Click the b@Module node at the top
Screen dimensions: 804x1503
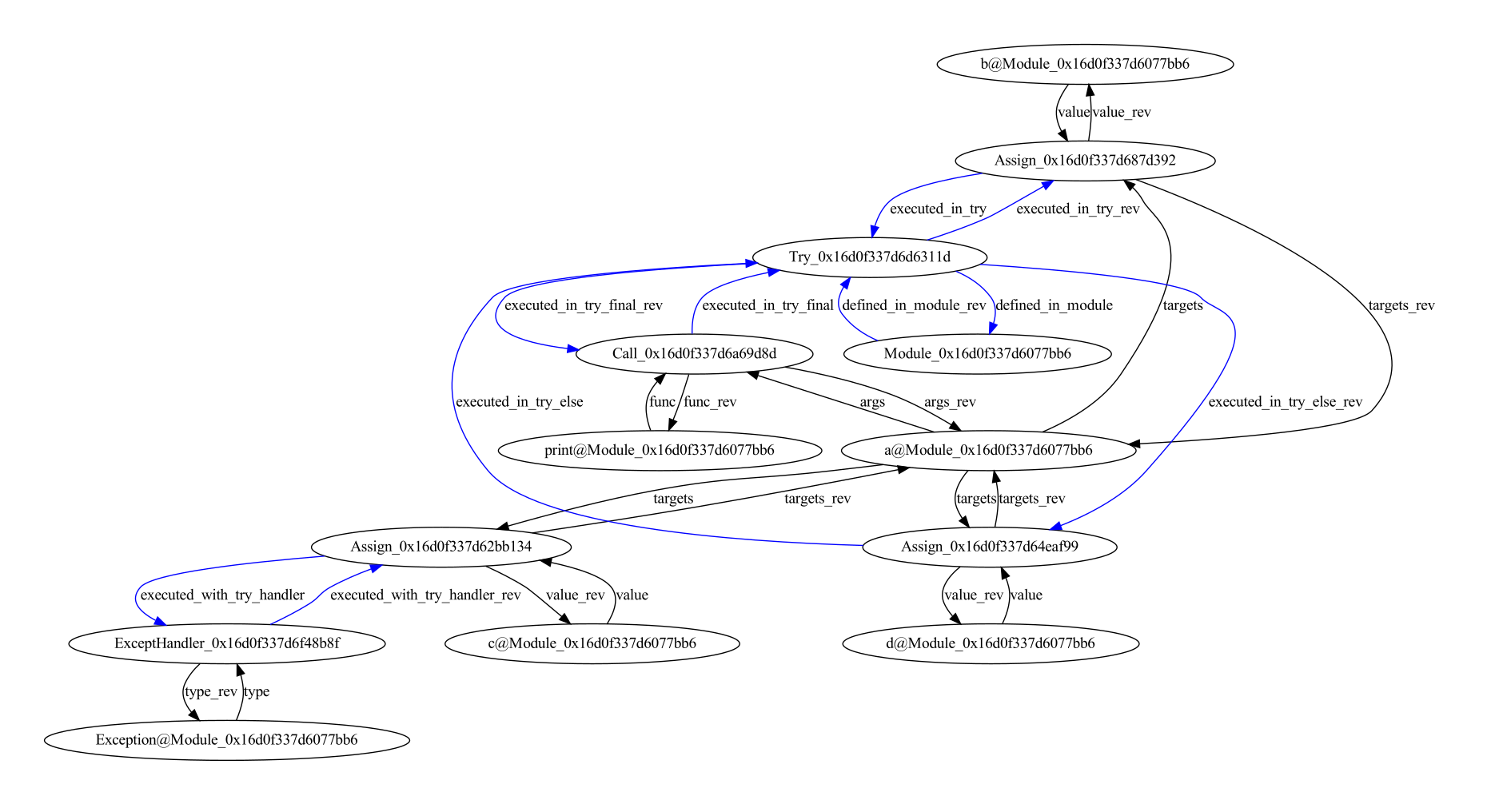point(1085,64)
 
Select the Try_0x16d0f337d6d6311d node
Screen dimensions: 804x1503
point(870,257)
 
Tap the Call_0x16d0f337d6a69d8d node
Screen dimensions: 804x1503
point(694,353)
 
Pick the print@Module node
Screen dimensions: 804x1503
point(660,450)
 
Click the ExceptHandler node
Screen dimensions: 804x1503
point(227,643)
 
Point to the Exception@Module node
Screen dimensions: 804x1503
point(227,740)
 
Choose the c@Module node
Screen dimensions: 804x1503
point(592,643)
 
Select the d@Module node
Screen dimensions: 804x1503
point(991,643)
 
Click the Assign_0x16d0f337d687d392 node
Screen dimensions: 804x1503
point(1085,160)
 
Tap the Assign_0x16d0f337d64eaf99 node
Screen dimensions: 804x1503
point(990,547)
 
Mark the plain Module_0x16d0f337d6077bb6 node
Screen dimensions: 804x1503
point(977,353)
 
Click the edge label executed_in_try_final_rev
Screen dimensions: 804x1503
point(584,305)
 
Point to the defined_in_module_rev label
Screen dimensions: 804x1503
point(914,305)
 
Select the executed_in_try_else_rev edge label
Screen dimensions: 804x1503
point(1285,402)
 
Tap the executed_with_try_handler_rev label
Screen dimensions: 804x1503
point(425,595)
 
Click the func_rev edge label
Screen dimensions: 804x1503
point(710,402)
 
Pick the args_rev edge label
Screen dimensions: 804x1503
point(950,402)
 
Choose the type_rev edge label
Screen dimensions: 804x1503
point(211,692)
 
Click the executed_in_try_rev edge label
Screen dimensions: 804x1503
point(1078,209)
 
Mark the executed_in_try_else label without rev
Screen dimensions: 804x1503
point(519,402)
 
